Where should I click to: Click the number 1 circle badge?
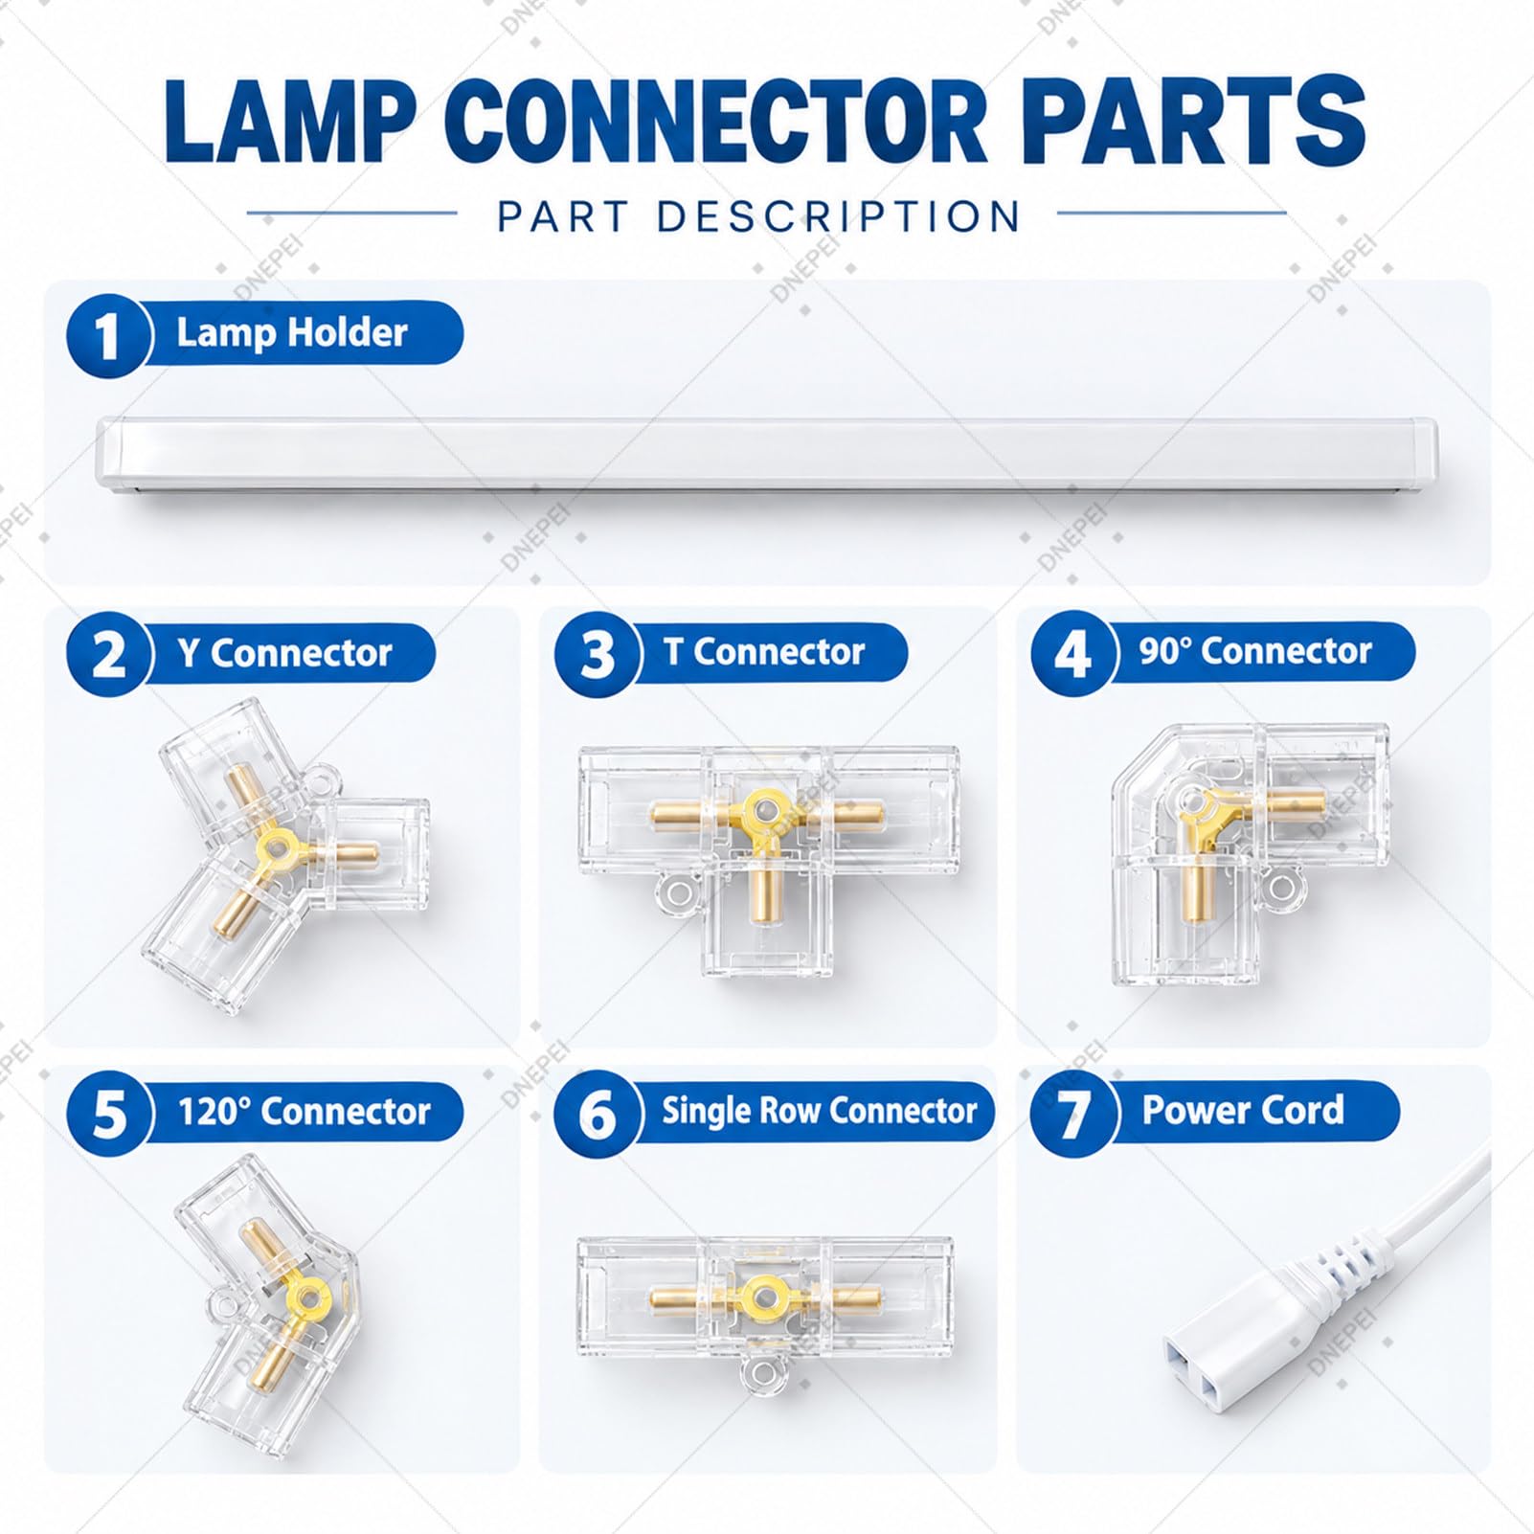[x=108, y=335]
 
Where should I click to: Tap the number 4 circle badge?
[x=1073, y=654]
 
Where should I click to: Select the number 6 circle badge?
[x=598, y=1114]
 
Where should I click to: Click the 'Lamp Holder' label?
[x=292, y=333]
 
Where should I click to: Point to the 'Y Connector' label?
[x=284, y=653]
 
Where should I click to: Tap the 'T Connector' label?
[x=764, y=652]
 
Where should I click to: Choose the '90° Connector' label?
[x=1255, y=651]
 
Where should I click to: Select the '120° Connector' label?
[x=305, y=1112]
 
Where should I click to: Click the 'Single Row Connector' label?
[x=820, y=1111]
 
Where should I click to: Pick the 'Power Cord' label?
[x=1243, y=1110]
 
